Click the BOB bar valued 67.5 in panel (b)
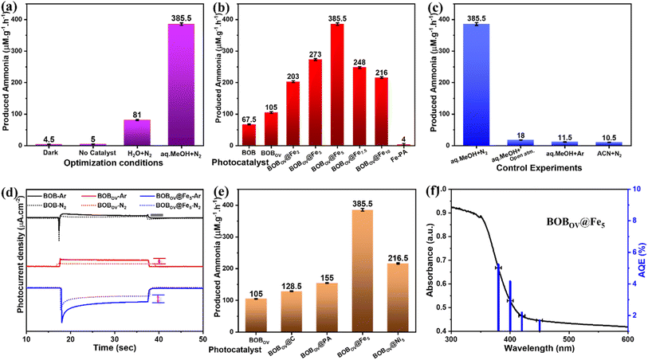pyautogui.click(x=249, y=135)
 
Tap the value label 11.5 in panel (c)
pyautogui.click(x=565, y=136)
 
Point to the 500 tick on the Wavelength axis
pyautogui.click(x=568, y=338)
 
